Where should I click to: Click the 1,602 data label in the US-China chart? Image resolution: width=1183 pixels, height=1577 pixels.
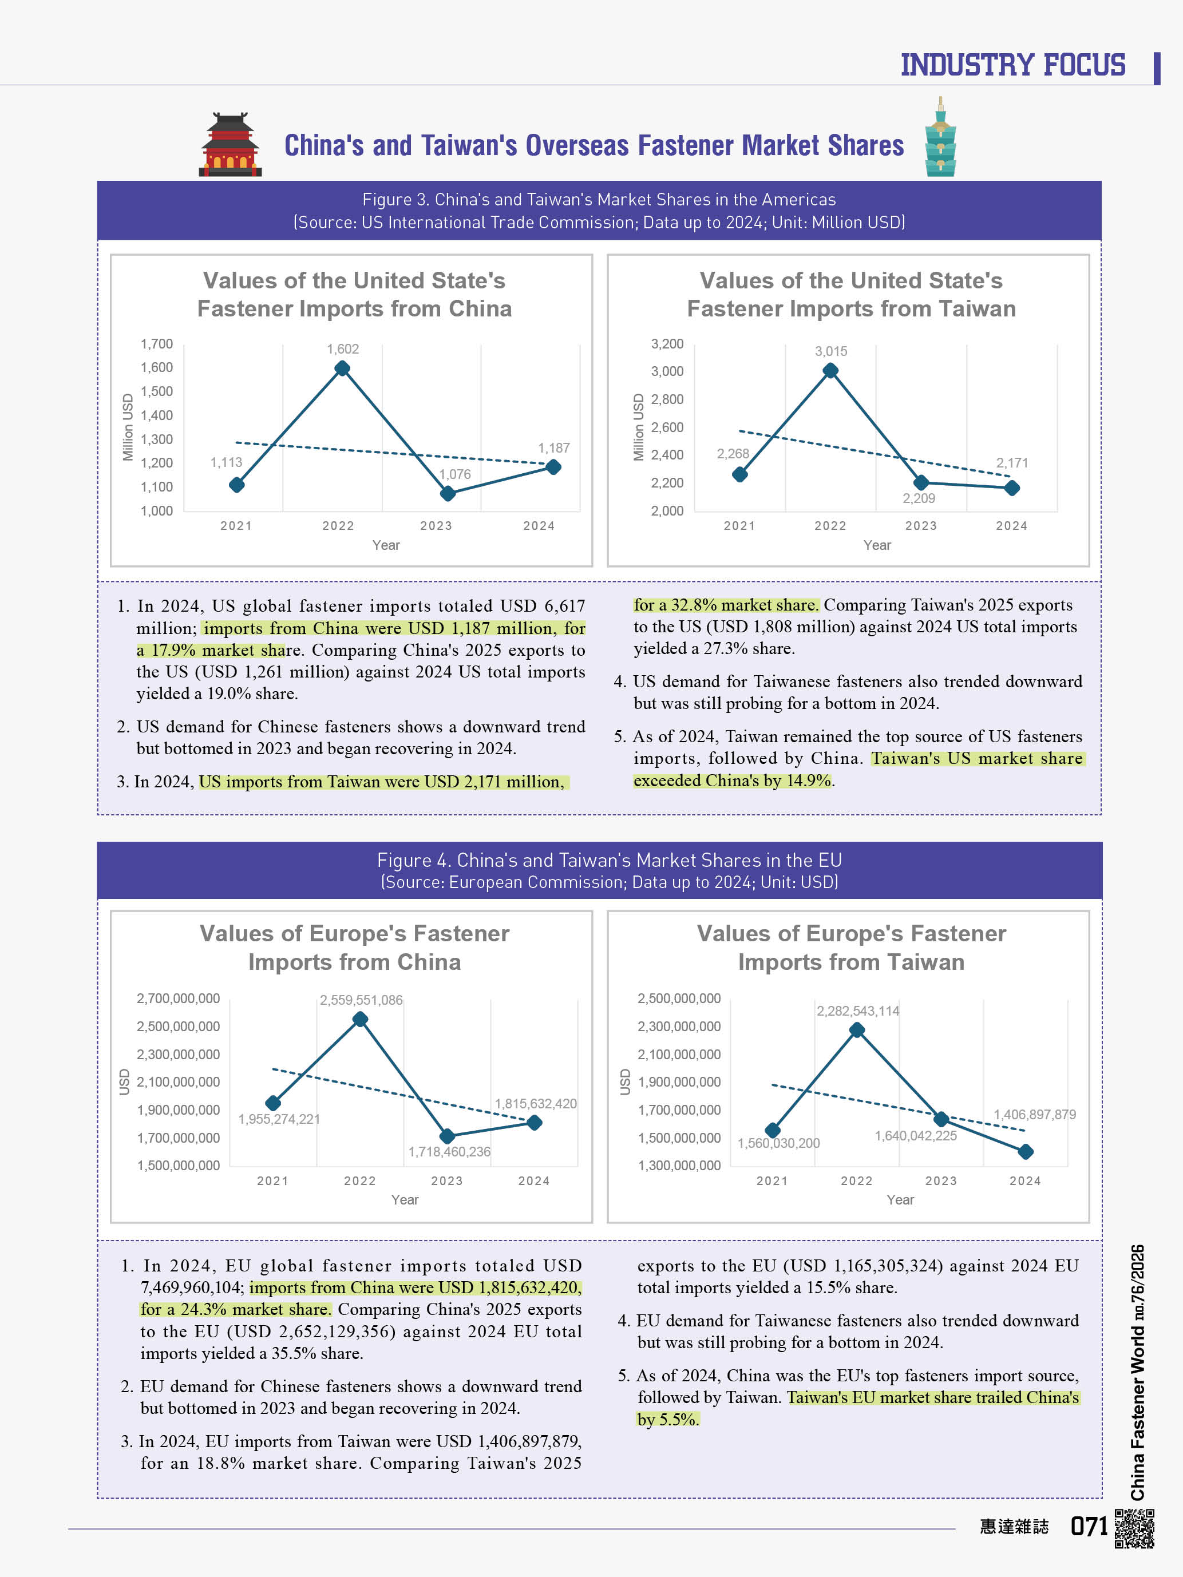342,348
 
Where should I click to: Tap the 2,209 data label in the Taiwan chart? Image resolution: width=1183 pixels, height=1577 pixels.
919,498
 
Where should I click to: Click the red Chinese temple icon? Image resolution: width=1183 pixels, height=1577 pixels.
230,145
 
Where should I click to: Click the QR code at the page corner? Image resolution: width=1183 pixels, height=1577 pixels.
1134,1528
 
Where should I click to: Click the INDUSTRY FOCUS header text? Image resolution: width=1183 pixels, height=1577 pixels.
1012,65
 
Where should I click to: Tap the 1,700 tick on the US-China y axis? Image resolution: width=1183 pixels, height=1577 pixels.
157,344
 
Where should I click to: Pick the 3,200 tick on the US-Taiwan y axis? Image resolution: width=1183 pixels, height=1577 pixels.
667,344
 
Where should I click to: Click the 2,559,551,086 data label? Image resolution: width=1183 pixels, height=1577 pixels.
361,1000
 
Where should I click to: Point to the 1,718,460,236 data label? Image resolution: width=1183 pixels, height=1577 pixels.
449,1151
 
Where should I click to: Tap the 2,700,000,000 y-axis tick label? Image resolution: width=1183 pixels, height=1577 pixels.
178,998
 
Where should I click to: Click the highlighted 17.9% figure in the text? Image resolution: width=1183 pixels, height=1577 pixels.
173,650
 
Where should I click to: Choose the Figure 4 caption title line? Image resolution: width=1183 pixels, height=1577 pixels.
609,860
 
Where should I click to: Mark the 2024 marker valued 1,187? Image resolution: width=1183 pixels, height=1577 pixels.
553,467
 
